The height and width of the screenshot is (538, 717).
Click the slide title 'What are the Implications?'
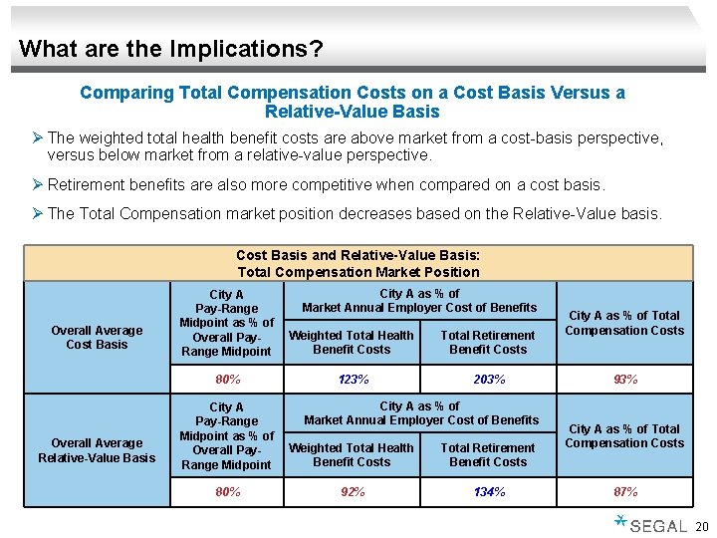click(170, 48)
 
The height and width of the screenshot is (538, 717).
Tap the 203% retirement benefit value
click(488, 380)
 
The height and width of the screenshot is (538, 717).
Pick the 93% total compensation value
click(624, 380)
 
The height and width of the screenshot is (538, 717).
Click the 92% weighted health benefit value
click(352, 492)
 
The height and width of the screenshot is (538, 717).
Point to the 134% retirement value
click(488, 492)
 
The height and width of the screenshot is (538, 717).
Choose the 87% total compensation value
click(624, 492)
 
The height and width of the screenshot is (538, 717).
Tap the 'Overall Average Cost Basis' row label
click(97, 337)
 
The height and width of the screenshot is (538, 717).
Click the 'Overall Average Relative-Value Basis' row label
click(97, 450)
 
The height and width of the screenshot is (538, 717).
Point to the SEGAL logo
click(652, 524)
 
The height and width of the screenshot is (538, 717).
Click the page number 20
click(700, 526)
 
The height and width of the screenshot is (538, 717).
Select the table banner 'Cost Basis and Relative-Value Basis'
click(358, 264)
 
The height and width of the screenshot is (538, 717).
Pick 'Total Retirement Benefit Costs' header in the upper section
click(488, 343)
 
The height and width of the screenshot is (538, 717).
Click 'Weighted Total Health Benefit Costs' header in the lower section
click(352, 455)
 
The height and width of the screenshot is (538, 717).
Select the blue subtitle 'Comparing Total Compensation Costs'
click(353, 102)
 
